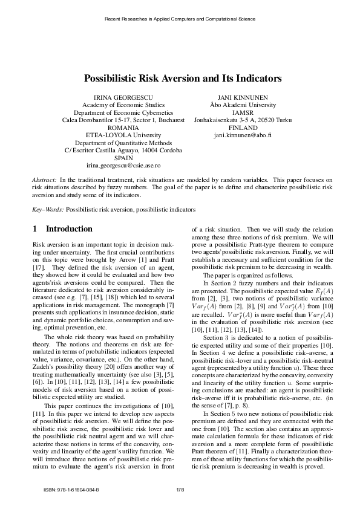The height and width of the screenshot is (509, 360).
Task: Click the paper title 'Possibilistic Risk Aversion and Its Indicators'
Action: (183, 79)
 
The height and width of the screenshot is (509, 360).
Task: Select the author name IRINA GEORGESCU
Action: (123, 97)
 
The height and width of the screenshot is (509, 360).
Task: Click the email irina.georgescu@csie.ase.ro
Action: (123, 165)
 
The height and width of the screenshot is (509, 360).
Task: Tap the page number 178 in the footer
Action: (180, 489)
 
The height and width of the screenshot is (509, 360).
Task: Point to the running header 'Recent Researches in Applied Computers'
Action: (180, 19)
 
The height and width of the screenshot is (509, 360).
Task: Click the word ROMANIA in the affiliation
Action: (123, 128)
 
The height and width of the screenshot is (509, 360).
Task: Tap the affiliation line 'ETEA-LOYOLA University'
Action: (123, 135)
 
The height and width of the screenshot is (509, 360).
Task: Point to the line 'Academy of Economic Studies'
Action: (123, 105)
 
